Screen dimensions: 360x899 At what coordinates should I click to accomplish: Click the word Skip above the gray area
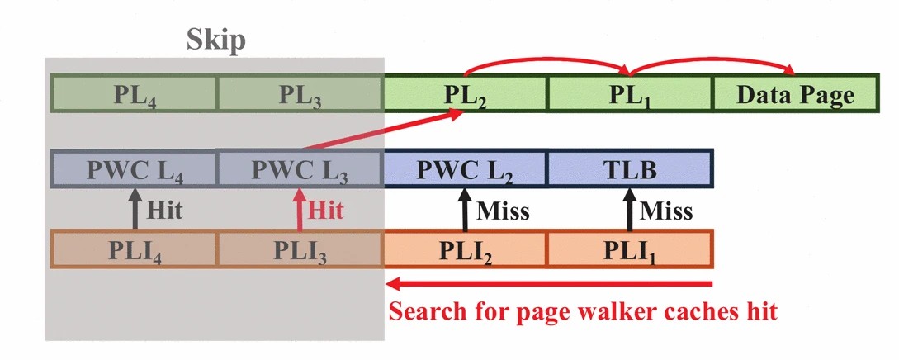215,40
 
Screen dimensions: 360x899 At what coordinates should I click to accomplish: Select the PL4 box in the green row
134,93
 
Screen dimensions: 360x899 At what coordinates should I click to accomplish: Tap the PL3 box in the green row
300,93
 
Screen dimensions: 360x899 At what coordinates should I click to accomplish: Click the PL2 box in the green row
465,93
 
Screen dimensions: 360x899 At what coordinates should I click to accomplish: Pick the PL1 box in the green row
629,93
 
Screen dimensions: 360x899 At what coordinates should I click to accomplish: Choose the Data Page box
795,93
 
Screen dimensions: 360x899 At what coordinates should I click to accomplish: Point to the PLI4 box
134,249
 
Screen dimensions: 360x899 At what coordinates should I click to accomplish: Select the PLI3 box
300,249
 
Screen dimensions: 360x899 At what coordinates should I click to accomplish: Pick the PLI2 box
465,249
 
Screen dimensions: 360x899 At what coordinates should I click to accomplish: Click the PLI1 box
629,249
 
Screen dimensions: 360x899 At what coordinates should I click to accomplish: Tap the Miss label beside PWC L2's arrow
502,211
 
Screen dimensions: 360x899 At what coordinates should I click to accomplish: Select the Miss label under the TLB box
666,211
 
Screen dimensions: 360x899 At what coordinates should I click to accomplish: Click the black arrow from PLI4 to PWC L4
134,210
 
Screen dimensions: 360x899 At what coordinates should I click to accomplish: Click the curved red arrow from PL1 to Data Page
714,60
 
